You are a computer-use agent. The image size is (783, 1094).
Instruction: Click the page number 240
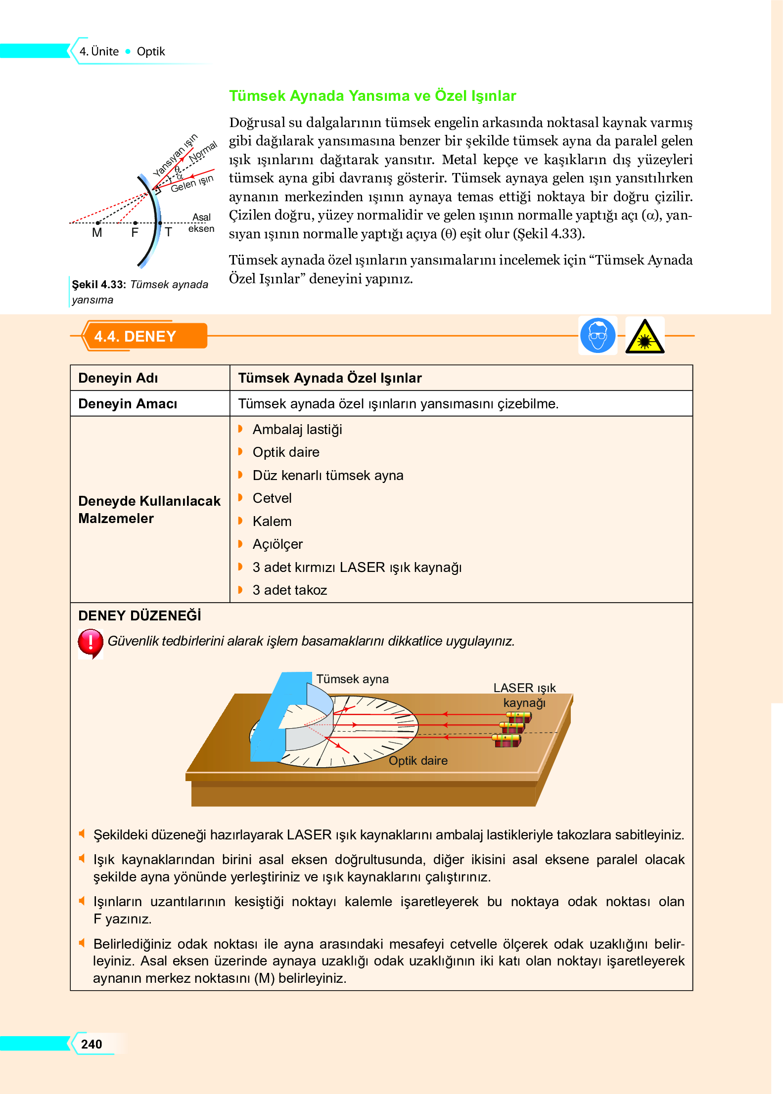(92, 1044)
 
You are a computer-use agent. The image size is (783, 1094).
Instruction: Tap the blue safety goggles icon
(598, 336)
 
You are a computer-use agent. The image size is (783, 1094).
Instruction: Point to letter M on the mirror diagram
(97, 233)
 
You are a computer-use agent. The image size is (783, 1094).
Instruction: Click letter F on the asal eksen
(135, 233)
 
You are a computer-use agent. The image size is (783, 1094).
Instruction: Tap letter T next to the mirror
(169, 232)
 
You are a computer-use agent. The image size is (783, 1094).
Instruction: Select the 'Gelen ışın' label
(192, 183)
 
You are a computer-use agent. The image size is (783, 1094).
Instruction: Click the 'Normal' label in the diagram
(203, 151)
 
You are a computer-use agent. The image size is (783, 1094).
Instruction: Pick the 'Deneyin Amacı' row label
(128, 404)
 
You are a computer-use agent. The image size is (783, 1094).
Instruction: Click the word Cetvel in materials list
(272, 498)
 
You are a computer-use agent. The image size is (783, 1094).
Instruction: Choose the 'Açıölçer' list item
(277, 544)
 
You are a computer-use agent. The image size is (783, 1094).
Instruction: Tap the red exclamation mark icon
(91, 642)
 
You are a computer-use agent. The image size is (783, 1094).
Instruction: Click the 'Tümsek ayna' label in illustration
(352, 679)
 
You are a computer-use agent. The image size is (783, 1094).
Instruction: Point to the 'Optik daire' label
(418, 761)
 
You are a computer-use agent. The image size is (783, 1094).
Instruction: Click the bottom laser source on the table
(506, 741)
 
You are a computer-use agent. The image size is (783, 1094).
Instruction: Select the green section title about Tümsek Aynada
(372, 95)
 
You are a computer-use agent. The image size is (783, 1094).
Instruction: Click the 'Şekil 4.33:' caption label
(99, 285)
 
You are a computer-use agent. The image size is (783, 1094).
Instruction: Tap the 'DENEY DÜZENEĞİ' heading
(139, 616)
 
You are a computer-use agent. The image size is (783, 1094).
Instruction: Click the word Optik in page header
(151, 51)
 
